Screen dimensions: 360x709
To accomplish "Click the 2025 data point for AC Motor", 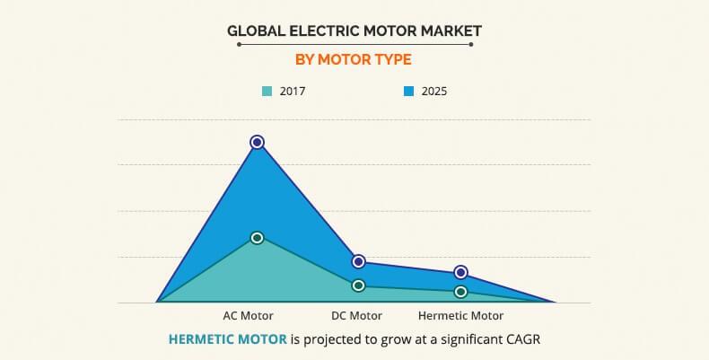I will coord(257,142).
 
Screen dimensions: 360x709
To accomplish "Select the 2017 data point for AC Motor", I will coord(257,238).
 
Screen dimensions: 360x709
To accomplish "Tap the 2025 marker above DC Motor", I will coord(358,261).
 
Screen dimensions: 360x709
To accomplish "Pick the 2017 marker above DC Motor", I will coord(358,285).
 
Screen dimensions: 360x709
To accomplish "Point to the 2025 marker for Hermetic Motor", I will coord(460,272).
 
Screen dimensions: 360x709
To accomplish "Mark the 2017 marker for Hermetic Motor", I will coord(460,292).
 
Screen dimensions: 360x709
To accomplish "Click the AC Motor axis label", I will coord(248,316).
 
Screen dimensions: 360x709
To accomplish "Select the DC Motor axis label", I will coord(357,316).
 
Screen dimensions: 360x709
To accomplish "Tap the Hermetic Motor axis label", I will coord(460,316).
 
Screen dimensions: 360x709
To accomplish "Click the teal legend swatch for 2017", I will coord(267,91).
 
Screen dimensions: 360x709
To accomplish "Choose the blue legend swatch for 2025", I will coord(408,91).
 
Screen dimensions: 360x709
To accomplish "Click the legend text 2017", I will coord(293,91).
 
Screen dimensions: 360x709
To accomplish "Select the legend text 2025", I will coord(434,91).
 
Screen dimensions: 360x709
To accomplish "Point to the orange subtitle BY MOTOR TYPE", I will coord(354,60).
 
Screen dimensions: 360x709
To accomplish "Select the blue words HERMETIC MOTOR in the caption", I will coord(228,339).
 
